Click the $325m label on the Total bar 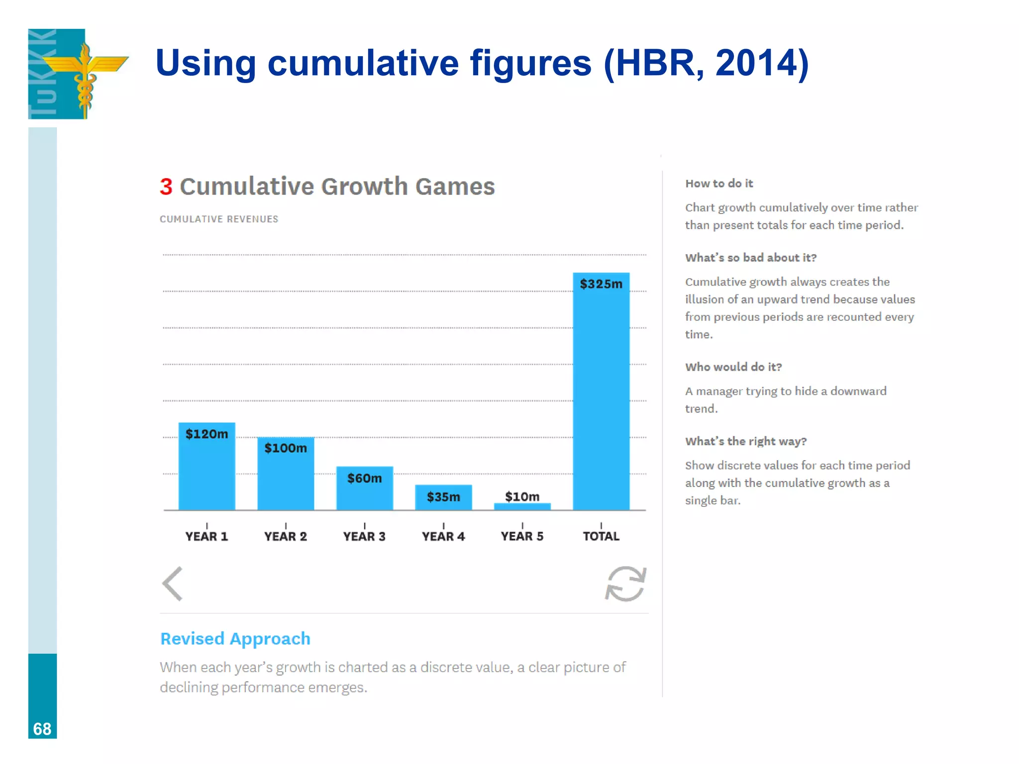pos(601,284)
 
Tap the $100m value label pos(286,448)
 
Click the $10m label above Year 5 pos(522,496)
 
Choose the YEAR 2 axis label pos(286,536)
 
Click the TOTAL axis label pos(601,536)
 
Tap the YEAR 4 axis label pos(443,536)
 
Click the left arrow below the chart pos(173,584)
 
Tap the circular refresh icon pos(625,584)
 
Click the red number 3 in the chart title pos(166,187)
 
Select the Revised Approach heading pos(235,639)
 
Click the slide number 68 pos(42,729)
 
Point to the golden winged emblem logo pos(85,70)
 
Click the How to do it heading pos(719,184)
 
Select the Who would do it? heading pos(733,367)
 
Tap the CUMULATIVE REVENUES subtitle pos(219,219)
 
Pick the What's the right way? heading pos(746,441)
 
